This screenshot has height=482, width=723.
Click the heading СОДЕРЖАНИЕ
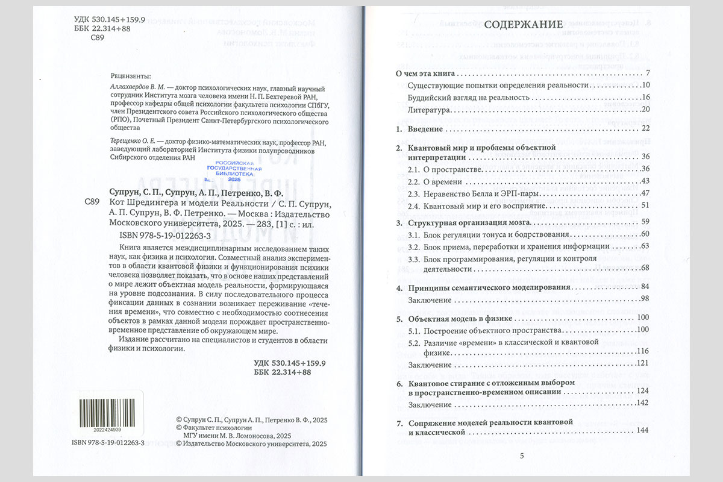tap(524, 25)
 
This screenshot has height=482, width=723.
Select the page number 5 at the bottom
tap(522, 455)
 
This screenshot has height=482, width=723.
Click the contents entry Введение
tap(425, 129)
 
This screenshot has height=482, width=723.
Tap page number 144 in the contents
tap(642, 431)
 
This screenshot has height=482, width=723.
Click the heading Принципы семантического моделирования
tap(489, 287)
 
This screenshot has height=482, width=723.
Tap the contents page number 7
tap(645, 74)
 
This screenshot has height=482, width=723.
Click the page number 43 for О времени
tap(643, 181)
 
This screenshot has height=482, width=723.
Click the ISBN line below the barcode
tap(107, 442)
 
